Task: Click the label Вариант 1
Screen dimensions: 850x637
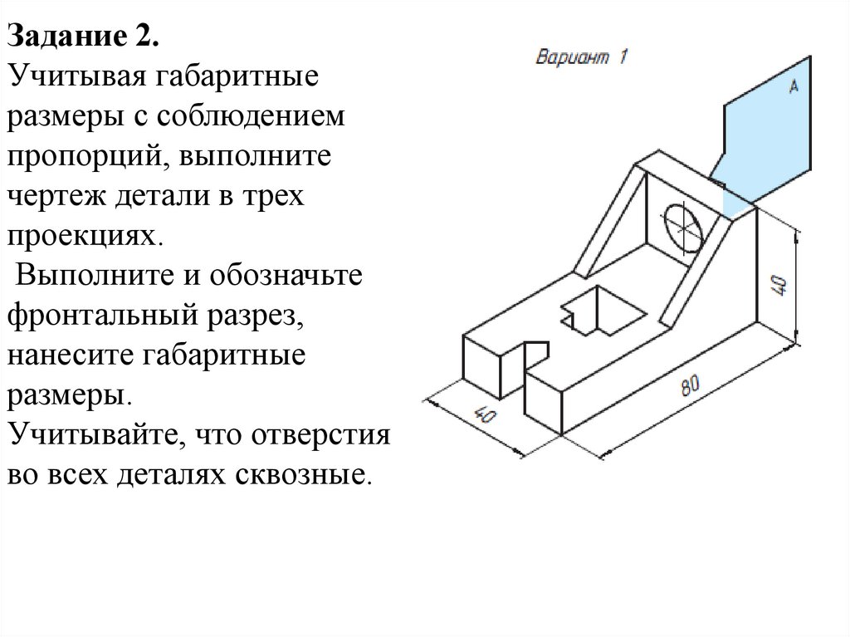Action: coord(582,57)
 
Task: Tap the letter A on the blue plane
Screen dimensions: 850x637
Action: coord(793,86)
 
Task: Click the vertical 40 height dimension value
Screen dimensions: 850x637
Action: coord(779,285)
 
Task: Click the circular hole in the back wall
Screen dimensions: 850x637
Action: coord(684,226)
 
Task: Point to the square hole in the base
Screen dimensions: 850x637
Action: coord(603,311)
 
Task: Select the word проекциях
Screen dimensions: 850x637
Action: coord(82,236)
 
